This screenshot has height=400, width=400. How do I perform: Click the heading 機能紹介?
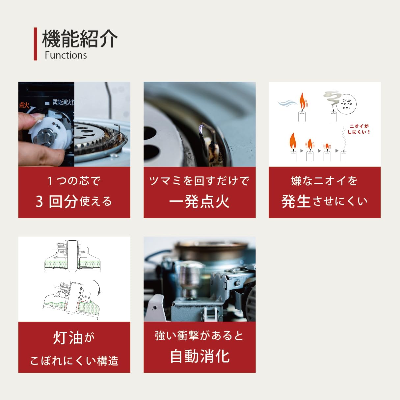pyautogui.click(x=80, y=39)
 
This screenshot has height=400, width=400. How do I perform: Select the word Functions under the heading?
pyautogui.click(x=66, y=55)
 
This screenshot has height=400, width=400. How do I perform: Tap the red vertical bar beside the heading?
pyautogui.click(x=35, y=44)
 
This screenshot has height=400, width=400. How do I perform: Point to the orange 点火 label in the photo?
pyautogui.click(x=24, y=105)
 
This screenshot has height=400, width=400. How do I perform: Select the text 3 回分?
pyautogui.click(x=57, y=201)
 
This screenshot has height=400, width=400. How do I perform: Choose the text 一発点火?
pyautogui.click(x=199, y=201)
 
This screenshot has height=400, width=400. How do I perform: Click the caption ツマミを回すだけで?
pyautogui.click(x=199, y=181)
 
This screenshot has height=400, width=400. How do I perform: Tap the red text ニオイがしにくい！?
pyautogui.click(x=359, y=129)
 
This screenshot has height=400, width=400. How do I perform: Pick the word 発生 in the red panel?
pyautogui.click(x=296, y=201)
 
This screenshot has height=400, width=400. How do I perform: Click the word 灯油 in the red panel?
pyautogui.click(x=68, y=338)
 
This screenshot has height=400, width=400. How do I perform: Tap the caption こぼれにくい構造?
pyautogui.click(x=74, y=361)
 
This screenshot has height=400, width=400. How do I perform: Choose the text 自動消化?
pyautogui.click(x=200, y=357)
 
